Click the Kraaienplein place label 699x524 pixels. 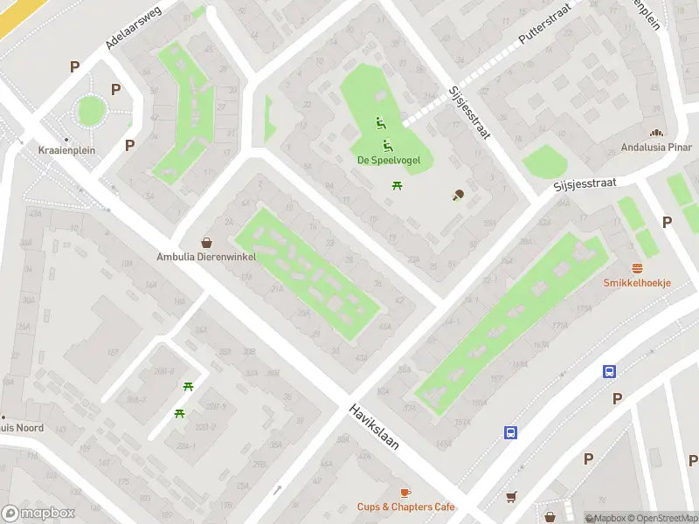[x=66, y=150]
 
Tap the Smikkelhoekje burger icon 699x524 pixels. [x=637, y=268]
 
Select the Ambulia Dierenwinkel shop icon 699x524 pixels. [x=207, y=243]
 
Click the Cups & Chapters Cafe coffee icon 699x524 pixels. [x=405, y=493]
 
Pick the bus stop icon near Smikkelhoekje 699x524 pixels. [x=609, y=371]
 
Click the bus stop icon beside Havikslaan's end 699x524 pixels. [x=509, y=431]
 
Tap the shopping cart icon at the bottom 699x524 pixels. [x=511, y=497]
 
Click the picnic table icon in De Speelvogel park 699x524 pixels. [x=397, y=184]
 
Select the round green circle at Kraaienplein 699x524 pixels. [x=91, y=111]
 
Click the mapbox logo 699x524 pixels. [x=38, y=514]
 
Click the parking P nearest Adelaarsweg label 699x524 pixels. [x=75, y=66]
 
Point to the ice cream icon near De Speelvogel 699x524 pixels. [x=458, y=195]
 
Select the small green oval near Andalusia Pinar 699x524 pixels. [x=544, y=162]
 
